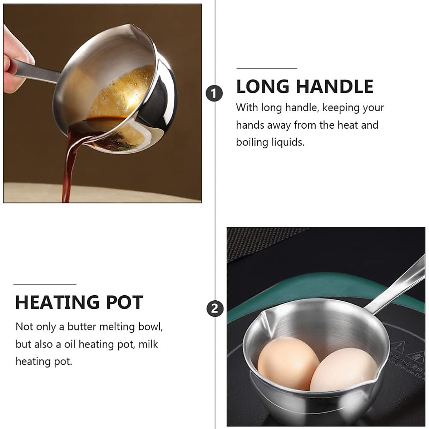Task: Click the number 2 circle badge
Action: click(214, 309)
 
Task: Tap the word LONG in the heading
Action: click(263, 87)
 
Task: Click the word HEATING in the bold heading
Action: click(57, 302)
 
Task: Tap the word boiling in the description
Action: click(252, 142)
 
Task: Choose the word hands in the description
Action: click(250, 125)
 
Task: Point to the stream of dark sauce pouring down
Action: click(68, 168)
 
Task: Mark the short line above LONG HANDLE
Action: click(267, 68)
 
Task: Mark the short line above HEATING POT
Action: click(45, 284)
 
